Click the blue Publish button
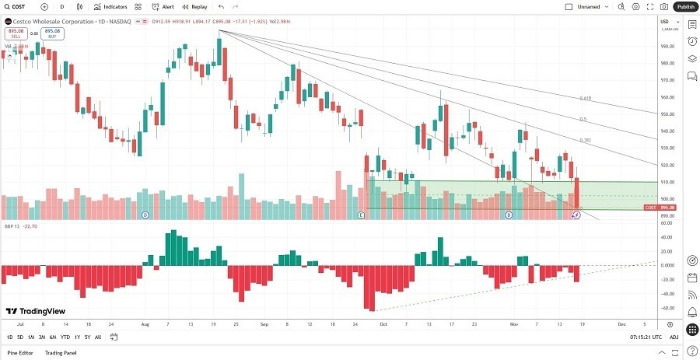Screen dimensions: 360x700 [685, 6]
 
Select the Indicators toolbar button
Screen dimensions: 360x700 [110, 6]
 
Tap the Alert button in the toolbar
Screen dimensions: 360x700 [163, 6]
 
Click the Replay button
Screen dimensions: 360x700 [195, 6]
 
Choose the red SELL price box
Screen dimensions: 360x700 [15, 33]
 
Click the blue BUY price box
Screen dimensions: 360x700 [52, 33]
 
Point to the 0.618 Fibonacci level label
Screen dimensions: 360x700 [585, 98]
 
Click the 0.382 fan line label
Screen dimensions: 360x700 [585, 140]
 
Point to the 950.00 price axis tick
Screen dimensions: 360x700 [667, 114]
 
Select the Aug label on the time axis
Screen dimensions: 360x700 [145, 323]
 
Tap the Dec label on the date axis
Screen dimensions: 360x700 [621, 323]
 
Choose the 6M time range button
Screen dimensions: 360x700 [53, 337]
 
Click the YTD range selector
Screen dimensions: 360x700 [65, 337]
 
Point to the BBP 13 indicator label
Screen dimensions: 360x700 [11, 227]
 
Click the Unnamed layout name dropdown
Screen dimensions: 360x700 [590, 6]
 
